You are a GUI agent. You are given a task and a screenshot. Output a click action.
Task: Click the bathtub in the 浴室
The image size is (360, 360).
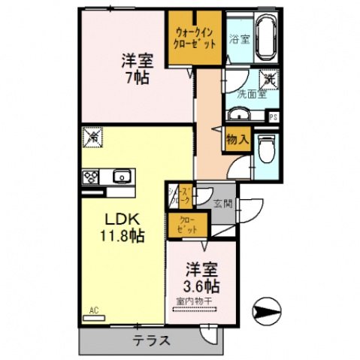point(266,38)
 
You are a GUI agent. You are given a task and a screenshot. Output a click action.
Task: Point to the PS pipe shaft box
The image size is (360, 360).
point(274,116)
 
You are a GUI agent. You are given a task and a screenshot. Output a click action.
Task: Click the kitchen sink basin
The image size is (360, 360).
point(122,177)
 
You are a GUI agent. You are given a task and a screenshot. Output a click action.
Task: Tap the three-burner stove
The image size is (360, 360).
point(92,177)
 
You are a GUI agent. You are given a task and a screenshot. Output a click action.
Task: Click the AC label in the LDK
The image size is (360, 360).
point(95,310)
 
